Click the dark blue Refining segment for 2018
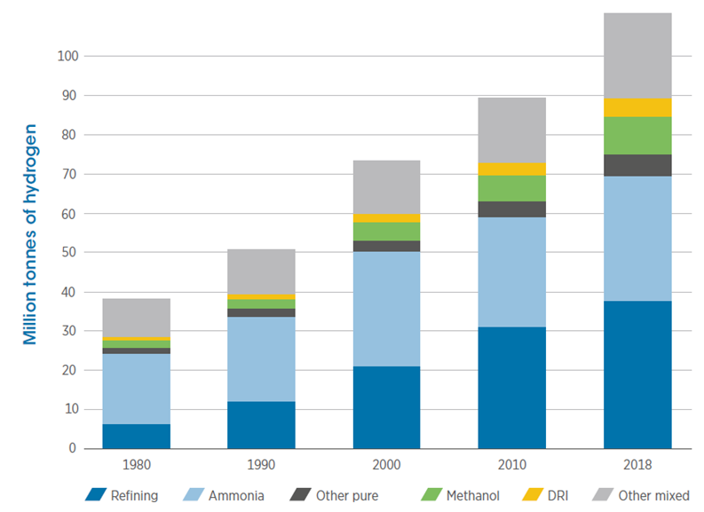tap(637, 374)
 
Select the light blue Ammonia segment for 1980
tap(136, 389)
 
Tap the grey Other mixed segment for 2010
tap(511, 130)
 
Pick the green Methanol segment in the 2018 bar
tap(637, 135)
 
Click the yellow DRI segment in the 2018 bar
tap(637, 107)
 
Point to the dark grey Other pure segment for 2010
tap(511, 209)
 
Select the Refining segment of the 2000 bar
tap(386, 407)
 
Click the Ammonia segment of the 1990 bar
tap(261, 358)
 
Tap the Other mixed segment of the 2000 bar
tap(386, 187)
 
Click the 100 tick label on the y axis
tap(67, 56)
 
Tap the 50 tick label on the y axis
tap(71, 253)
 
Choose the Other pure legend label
tap(346, 495)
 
